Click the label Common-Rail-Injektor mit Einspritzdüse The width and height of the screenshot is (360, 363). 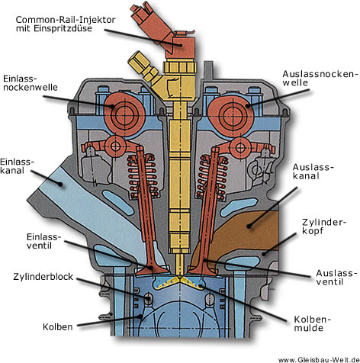coord(66,24)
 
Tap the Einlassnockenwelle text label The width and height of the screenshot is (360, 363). coord(31,83)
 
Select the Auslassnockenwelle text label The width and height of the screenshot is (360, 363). coord(321,79)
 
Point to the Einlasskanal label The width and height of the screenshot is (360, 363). coord(17,166)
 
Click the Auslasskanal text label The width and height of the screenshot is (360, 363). coord(313,172)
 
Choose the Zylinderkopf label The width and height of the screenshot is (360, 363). coord(324,226)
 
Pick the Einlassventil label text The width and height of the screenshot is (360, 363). coord(43,241)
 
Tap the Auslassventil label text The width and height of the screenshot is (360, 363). coord(335,278)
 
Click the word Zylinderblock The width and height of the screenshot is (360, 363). coord(43,277)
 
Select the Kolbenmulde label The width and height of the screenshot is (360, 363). coord(313,323)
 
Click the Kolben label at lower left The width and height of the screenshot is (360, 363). coord(58,326)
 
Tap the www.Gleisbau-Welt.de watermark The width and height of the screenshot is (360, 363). coord(319,360)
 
